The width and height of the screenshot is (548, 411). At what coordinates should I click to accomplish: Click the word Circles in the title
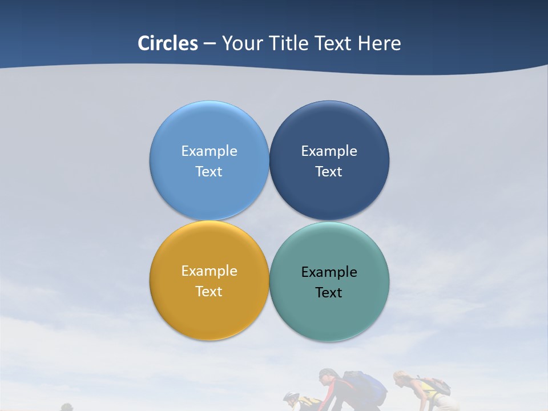[168, 43]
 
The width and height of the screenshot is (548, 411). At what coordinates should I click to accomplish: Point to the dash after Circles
[209, 43]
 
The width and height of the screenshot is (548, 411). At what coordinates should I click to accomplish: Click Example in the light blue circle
[209, 151]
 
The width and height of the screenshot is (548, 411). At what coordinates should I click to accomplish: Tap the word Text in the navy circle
[329, 171]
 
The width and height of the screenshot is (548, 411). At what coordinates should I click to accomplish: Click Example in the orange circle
[209, 271]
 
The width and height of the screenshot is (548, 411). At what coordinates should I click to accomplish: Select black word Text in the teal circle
[329, 292]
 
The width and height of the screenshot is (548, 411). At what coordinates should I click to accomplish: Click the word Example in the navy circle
[329, 151]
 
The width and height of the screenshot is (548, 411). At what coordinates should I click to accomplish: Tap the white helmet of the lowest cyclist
[291, 396]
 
